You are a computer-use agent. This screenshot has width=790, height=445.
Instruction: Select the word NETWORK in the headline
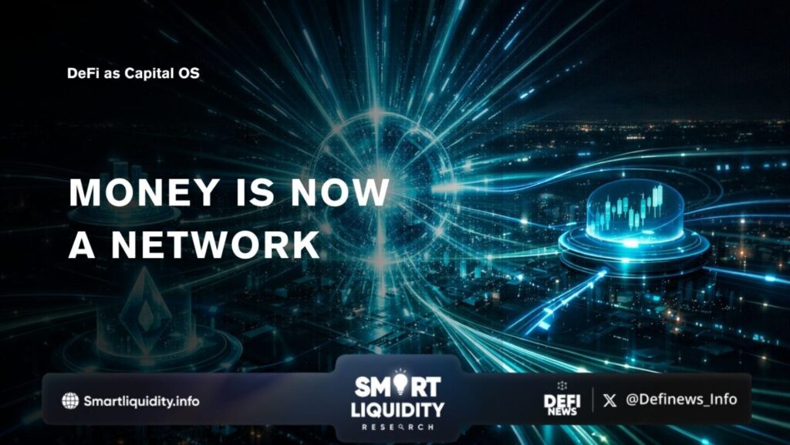215,244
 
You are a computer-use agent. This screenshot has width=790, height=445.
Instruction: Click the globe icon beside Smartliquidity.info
70,400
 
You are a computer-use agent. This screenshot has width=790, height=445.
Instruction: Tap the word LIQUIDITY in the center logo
397,408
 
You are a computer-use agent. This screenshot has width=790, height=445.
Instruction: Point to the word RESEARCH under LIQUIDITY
397,426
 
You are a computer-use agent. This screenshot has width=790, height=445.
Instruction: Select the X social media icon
610,400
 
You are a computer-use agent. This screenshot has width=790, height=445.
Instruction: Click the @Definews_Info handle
680,399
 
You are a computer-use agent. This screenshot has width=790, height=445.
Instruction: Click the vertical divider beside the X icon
592,399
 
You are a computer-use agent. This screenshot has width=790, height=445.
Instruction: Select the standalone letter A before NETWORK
81,244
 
